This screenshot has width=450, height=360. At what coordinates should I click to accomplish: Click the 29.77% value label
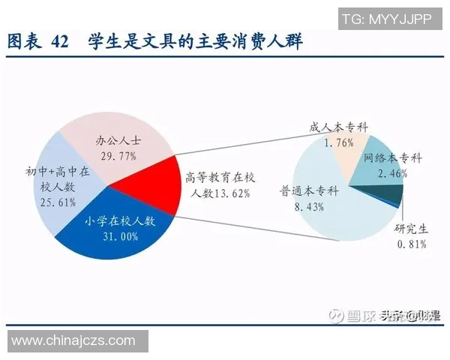pyautogui.click(x=117, y=155)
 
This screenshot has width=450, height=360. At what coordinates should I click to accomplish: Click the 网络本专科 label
pyautogui.click(x=392, y=158)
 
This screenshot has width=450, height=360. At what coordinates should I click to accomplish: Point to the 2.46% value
pyautogui.click(x=392, y=173)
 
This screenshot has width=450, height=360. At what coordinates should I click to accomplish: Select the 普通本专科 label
pyautogui.click(x=309, y=190)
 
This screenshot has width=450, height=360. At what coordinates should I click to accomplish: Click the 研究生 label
pyautogui.click(x=412, y=229)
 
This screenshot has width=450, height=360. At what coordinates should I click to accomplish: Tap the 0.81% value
pyautogui.click(x=412, y=244)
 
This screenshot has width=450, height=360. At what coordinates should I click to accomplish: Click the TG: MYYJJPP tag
pyautogui.click(x=386, y=19)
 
